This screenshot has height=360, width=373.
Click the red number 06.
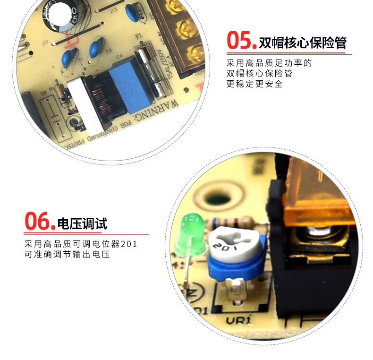pos(40,221)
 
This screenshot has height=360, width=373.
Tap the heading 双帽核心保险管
pos(303,43)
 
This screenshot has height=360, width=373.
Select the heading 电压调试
pos(82,223)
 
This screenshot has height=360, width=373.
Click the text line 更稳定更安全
pos(254,84)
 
